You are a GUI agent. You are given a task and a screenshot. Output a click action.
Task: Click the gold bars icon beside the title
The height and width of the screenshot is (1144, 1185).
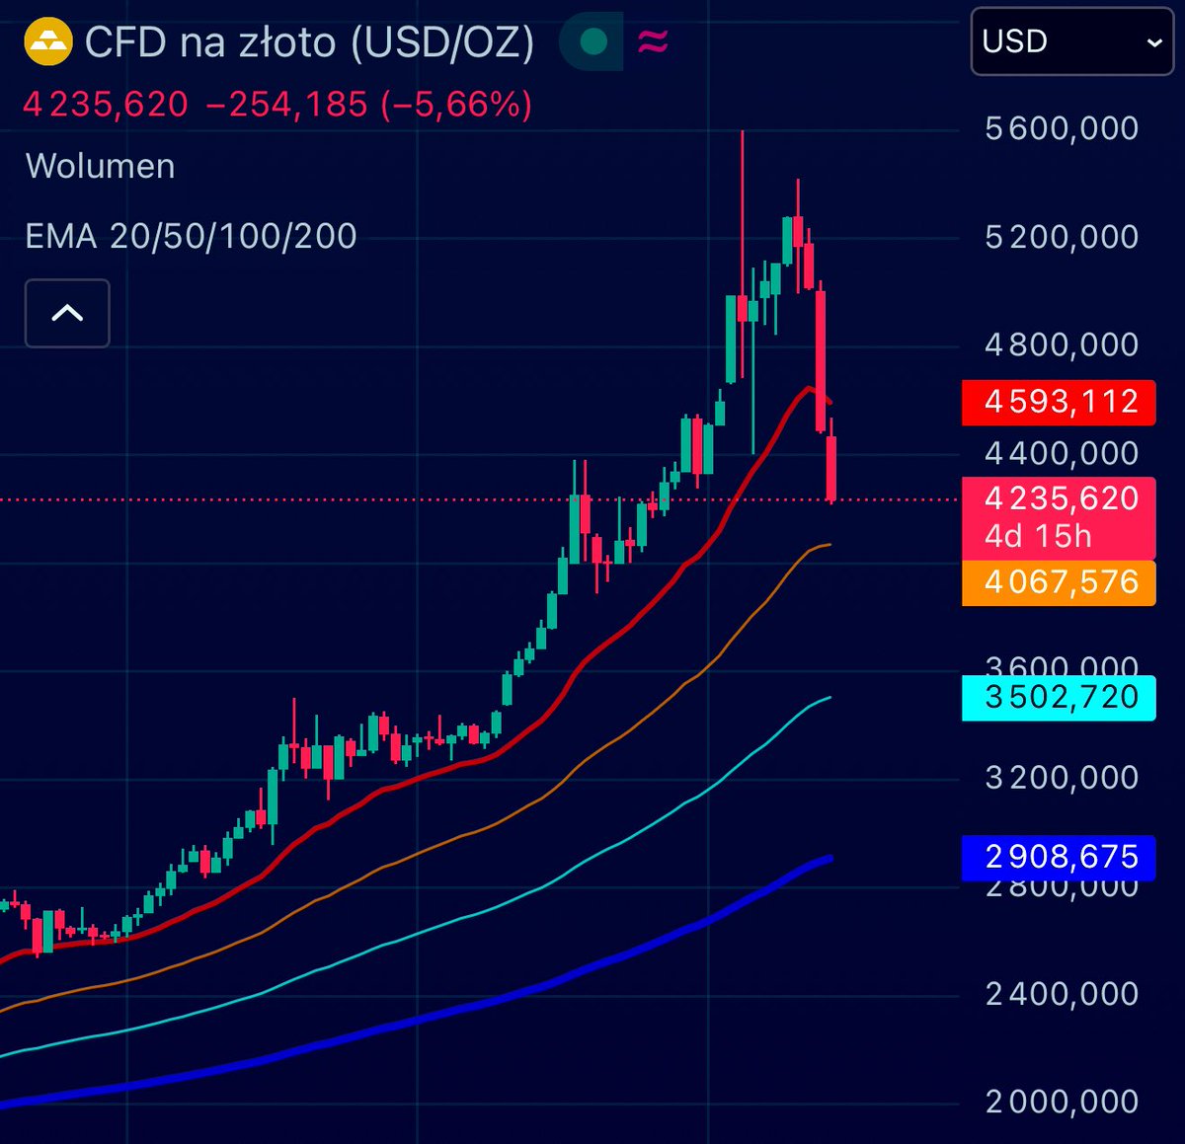[x=48, y=42]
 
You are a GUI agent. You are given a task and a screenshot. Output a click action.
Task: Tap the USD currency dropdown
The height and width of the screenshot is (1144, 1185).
[x=1071, y=41]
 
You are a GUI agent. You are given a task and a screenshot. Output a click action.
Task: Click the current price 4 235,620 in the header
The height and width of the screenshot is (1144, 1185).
[x=106, y=104]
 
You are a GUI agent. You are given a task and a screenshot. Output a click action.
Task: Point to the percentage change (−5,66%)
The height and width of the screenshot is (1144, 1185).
[x=456, y=104]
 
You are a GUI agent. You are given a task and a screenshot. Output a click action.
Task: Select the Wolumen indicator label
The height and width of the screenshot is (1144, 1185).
[x=100, y=166]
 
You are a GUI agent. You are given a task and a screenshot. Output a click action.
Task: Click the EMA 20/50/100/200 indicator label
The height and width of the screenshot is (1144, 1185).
[x=191, y=236]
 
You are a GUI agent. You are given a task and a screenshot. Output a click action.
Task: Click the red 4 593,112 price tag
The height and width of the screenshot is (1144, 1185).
[x=1058, y=402]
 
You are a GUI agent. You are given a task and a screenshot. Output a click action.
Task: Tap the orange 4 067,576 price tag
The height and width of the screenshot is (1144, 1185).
[x=1058, y=582]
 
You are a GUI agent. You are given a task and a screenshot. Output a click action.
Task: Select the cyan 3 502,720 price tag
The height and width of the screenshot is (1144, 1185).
[x=1058, y=697]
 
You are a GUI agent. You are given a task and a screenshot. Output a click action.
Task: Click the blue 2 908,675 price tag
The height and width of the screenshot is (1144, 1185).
[x=1058, y=857]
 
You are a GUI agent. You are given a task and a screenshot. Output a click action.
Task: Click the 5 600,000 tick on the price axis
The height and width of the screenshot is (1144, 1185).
[x=1062, y=128]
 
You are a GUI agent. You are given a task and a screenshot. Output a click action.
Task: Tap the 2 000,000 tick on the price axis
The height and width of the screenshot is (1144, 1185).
[x=1062, y=1102]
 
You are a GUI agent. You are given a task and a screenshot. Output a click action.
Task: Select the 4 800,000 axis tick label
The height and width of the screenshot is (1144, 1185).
[x=1062, y=344]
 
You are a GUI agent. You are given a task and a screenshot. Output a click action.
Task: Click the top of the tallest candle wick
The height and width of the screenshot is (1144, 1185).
[x=742, y=132]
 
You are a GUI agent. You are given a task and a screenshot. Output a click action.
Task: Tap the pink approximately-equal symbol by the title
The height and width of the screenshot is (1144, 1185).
[x=653, y=41]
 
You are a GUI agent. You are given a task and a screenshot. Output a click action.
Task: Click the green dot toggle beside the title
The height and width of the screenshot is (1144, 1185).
[x=593, y=41]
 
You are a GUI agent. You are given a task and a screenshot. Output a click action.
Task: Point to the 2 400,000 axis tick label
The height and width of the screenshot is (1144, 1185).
[x=1062, y=993]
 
